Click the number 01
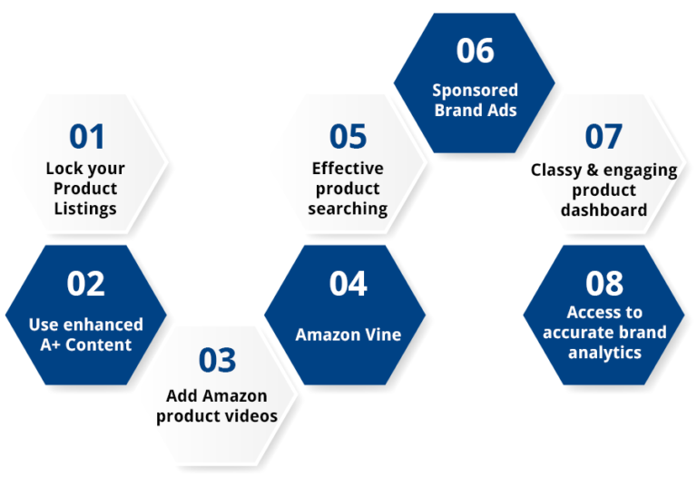pyautogui.click(x=86, y=137)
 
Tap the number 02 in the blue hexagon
pyautogui.click(x=86, y=284)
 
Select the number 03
pyautogui.click(x=217, y=360)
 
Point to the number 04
pyautogui.click(x=348, y=284)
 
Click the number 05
pyautogui.click(x=348, y=137)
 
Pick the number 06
pyautogui.click(x=476, y=52)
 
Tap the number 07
pyautogui.click(x=604, y=137)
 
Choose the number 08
pyautogui.click(x=604, y=284)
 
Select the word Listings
pyautogui.click(x=85, y=209)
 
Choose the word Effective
pyautogui.click(x=348, y=169)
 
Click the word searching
pyautogui.click(x=348, y=209)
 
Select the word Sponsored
pyautogui.click(x=475, y=91)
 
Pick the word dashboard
pyautogui.click(x=604, y=209)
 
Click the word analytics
pyautogui.click(x=604, y=352)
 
